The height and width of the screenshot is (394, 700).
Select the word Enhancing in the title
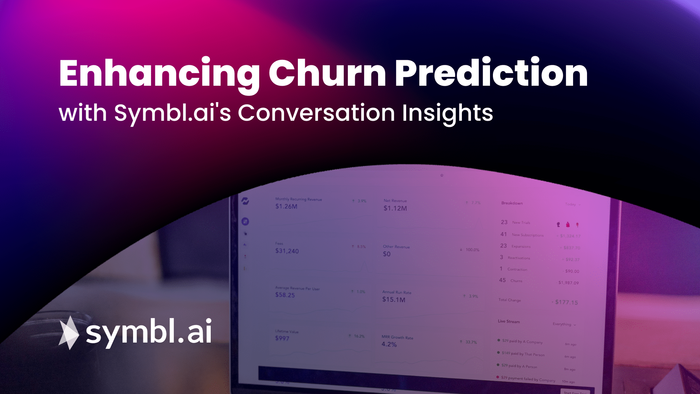tap(159, 74)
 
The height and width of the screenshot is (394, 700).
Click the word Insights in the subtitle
tap(447, 113)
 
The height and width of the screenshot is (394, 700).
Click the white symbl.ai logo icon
tap(69, 333)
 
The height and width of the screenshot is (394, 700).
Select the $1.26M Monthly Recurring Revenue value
tap(286, 206)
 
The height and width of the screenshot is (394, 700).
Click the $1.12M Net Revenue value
tap(395, 208)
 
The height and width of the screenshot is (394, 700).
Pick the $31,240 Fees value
tap(287, 251)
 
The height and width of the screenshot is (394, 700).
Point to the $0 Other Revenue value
tap(386, 254)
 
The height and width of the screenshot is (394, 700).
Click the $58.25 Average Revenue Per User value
tap(285, 295)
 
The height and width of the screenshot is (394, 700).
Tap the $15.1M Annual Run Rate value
tap(393, 300)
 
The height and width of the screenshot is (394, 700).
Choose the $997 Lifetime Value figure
tap(282, 339)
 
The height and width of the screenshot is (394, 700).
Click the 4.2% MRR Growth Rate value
tap(389, 344)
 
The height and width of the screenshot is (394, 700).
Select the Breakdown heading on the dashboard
tap(512, 203)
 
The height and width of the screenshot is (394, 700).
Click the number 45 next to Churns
tap(502, 280)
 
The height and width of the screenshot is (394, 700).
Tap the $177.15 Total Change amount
tap(566, 302)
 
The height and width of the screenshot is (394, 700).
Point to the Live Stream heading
tap(509, 321)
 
